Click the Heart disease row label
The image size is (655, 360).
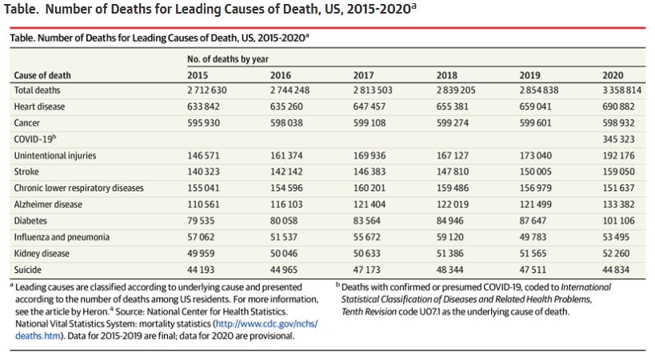pos(40,106)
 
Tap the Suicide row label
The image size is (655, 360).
pos(29,270)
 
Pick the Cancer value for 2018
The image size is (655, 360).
pos(452,122)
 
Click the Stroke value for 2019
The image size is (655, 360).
pos(535,171)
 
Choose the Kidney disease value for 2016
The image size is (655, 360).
pos(286,254)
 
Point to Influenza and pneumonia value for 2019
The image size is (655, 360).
pos(535,237)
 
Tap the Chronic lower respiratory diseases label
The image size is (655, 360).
pos(78,188)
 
